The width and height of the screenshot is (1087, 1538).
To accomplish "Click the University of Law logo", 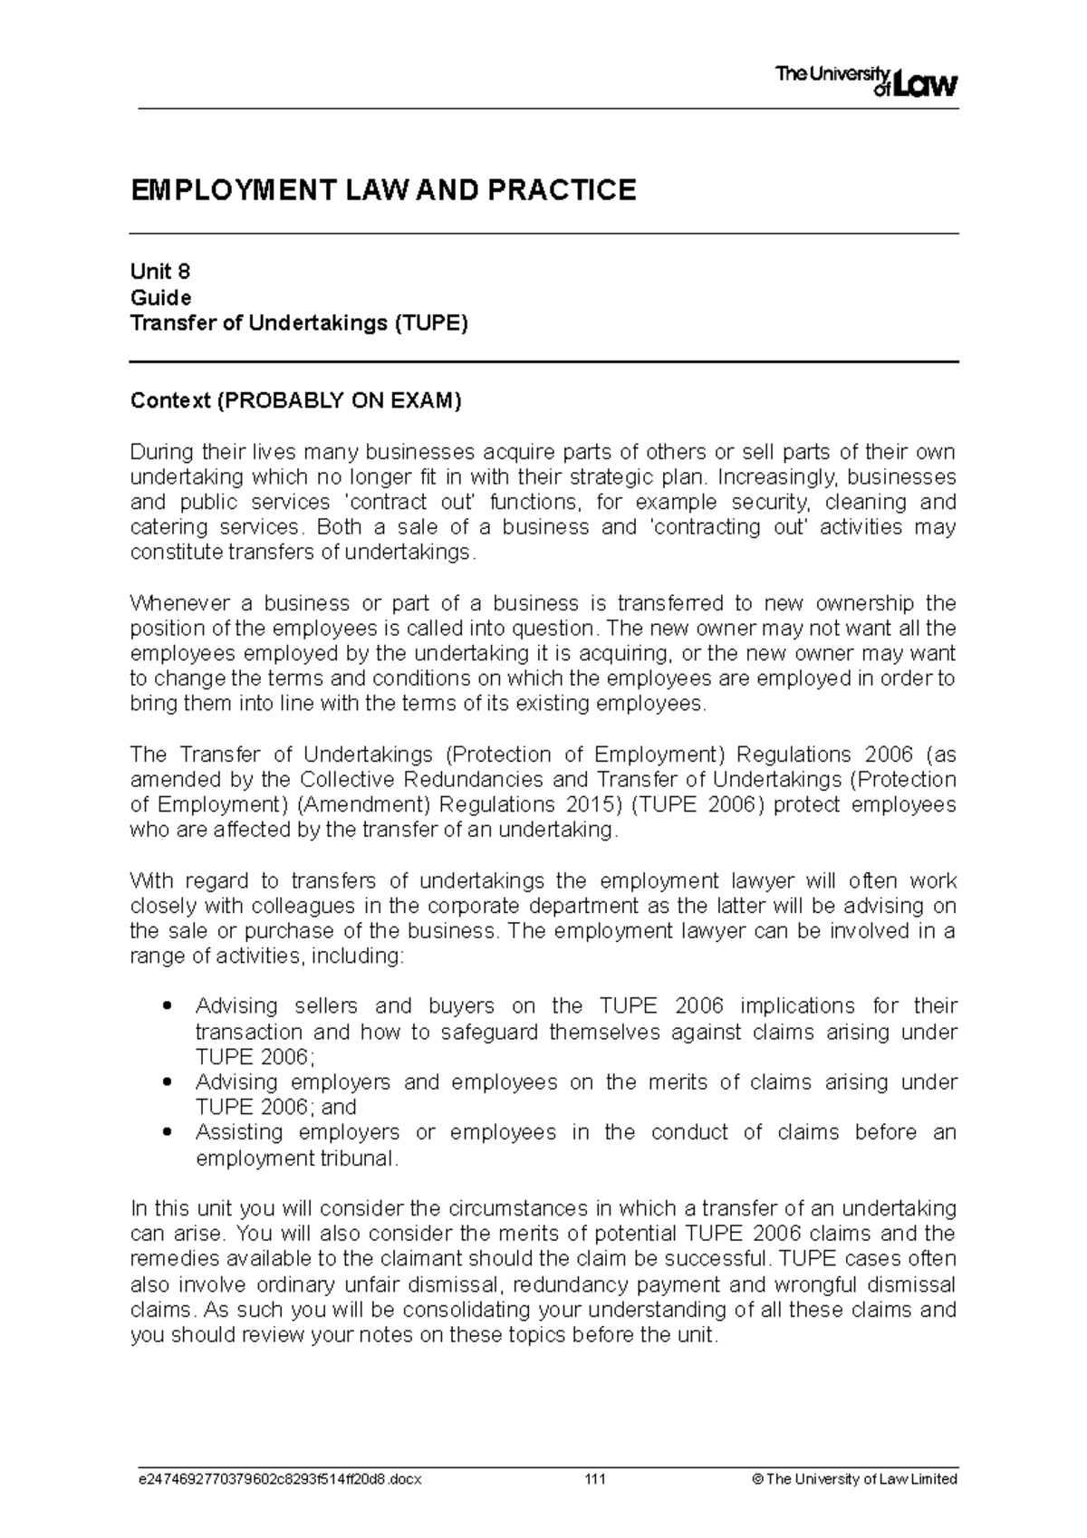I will (x=866, y=82).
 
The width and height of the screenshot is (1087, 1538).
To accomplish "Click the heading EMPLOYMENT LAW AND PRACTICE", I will (x=383, y=190).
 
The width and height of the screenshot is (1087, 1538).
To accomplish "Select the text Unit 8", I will (x=160, y=272).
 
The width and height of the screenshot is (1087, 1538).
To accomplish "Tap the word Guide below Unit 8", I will (x=160, y=297).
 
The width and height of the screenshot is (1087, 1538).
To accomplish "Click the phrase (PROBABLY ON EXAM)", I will (x=338, y=400).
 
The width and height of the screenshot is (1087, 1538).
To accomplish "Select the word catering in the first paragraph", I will (x=163, y=527).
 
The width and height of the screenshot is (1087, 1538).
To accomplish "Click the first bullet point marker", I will (x=165, y=1006).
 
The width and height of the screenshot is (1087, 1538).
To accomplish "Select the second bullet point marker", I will (x=165, y=1082).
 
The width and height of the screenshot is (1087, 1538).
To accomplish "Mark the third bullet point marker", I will (x=165, y=1132).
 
